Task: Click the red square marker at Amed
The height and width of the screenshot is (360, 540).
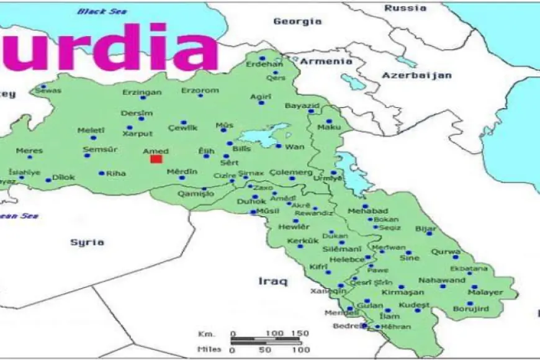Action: coord(156,159)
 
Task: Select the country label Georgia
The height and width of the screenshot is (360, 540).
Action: coord(297,21)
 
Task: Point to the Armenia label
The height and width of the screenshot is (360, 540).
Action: coord(322,61)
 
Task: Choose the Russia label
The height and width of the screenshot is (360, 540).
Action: coord(405,8)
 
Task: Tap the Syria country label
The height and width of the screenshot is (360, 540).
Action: coord(86,242)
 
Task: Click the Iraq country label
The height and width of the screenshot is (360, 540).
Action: coord(273,281)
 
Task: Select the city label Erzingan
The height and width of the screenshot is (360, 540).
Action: coord(142,92)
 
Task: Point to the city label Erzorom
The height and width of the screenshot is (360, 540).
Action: coord(200,90)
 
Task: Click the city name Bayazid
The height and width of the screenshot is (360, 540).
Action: coord(302,106)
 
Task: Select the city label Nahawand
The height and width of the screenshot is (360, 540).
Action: coord(441,280)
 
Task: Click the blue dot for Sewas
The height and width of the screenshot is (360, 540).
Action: coord(43,86)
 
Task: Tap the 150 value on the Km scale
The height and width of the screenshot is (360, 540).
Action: coord(299,333)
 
